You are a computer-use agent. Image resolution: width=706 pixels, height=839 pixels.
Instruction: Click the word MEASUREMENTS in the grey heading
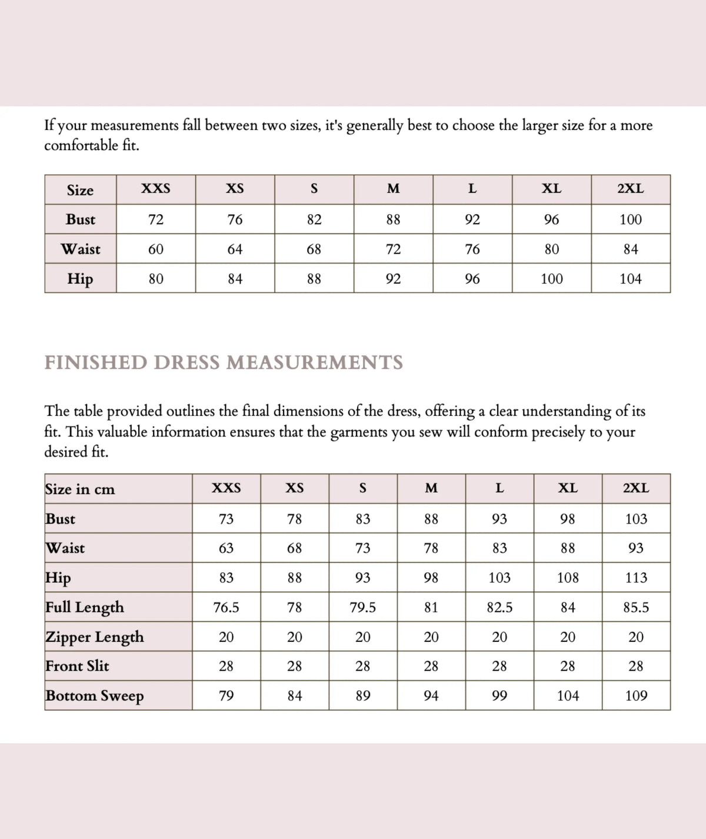pyautogui.click(x=315, y=362)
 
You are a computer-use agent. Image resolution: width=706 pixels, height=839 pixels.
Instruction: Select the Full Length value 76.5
pyautogui.click(x=226, y=607)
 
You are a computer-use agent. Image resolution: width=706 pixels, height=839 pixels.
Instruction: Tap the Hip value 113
pyautogui.click(x=636, y=578)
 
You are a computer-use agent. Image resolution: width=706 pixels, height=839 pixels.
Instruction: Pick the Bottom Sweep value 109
pyautogui.click(x=636, y=695)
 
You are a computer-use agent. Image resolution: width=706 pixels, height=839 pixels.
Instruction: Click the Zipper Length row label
pyautogui.click(x=95, y=637)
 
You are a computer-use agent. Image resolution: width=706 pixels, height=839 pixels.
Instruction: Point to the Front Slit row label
pyautogui.click(x=77, y=666)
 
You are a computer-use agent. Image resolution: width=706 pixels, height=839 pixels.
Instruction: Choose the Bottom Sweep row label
pyautogui.click(x=95, y=696)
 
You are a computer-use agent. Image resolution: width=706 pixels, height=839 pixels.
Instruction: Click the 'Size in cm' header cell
pyautogui.click(x=80, y=490)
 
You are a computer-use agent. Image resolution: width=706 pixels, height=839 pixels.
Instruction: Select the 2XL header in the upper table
pyautogui.click(x=630, y=189)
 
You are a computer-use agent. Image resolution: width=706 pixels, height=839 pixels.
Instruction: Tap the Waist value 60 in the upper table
pyautogui.click(x=156, y=249)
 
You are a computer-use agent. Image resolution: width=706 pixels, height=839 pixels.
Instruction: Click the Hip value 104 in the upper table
pyautogui.click(x=630, y=279)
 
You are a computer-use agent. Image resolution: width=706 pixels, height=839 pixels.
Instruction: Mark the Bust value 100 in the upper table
pyautogui.click(x=630, y=219)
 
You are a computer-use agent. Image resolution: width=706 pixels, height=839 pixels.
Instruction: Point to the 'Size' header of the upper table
pyautogui.click(x=80, y=190)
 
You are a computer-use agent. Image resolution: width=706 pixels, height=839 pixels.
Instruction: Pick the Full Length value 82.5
pyautogui.click(x=499, y=607)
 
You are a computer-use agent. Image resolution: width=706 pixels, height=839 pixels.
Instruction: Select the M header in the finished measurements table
pyautogui.click(x=431, y=488)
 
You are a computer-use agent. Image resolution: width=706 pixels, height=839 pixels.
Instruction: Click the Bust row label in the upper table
pyautogui.click(x=81, y=219)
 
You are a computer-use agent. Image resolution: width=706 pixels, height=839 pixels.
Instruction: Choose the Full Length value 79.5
pyautogui.click(x=363, y=607)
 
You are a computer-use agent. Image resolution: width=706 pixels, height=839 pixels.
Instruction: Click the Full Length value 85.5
pyautogui.click(x=636, y=607)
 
